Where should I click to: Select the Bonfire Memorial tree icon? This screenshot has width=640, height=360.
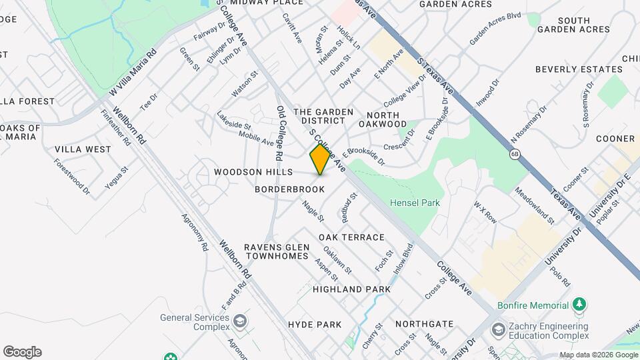pos(581,305)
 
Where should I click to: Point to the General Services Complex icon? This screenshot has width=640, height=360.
pos(239,323)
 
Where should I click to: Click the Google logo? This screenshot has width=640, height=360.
pos(22,352)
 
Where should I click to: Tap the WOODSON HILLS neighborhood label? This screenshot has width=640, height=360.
pos(253,172)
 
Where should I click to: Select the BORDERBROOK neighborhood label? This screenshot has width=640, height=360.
pos(290,189)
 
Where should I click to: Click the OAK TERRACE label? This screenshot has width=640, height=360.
pos(351,237)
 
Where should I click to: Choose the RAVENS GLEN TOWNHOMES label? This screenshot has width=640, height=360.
pos(276,252)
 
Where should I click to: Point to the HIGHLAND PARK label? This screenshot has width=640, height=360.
pos(351,289)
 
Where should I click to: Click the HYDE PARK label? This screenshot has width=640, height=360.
pos(315,325)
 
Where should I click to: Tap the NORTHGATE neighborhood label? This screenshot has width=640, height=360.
pos(424,324)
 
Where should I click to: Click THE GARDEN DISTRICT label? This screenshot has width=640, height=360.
pos(319,117)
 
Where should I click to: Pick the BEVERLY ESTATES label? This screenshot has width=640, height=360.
pos(578,69)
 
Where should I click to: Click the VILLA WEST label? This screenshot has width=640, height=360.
pos(83,149)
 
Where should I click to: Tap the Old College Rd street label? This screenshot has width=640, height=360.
pos(279,133)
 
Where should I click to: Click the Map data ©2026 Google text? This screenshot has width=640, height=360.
pos(599,355)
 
